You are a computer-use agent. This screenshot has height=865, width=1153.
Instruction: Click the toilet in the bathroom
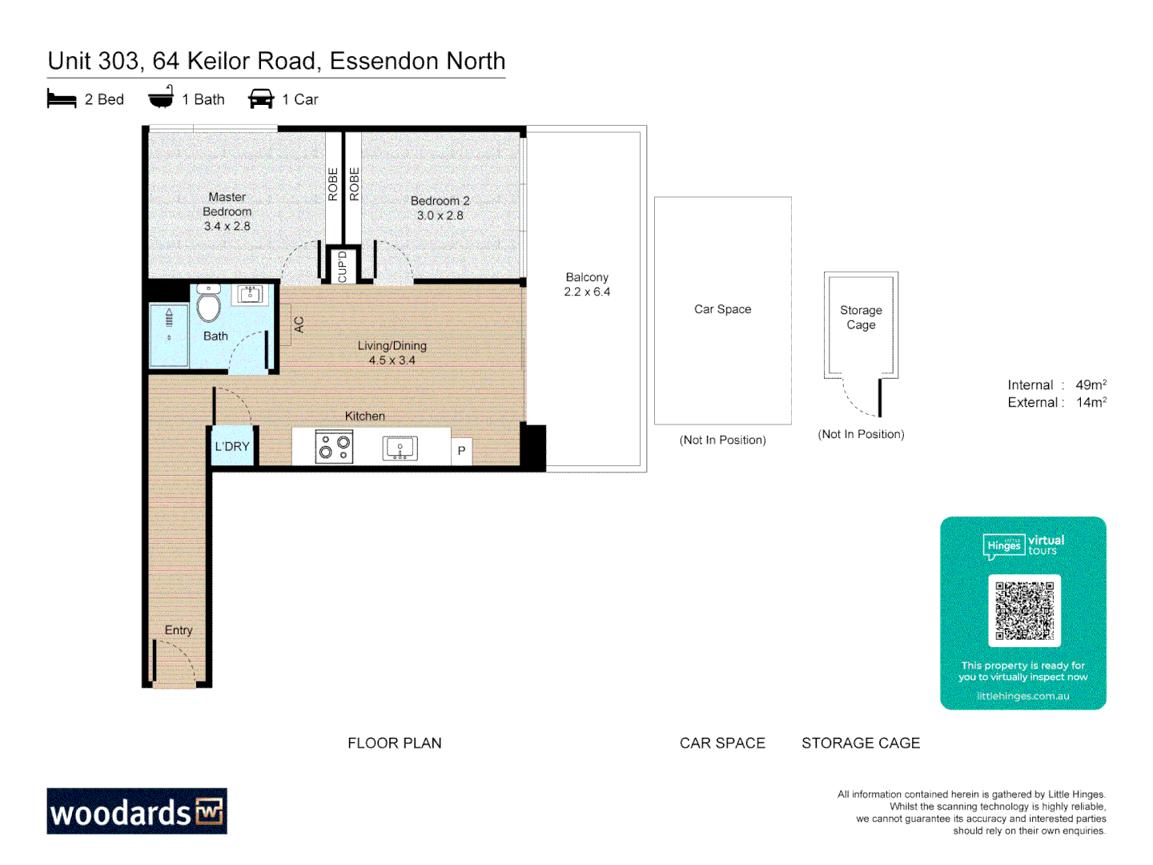[208, 304]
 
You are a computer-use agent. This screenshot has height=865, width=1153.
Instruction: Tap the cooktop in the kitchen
[335, 447]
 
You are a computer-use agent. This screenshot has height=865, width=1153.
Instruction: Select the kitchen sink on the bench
[400, 448]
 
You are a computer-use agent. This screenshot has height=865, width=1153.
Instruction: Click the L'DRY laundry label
[232, 447]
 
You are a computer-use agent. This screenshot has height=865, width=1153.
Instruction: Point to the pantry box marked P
[461, 451]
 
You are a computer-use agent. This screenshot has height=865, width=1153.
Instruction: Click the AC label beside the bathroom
[299, 324]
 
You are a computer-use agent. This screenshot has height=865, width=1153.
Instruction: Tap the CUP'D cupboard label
[343, 267]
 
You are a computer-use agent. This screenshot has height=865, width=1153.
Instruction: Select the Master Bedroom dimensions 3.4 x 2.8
[227, 227]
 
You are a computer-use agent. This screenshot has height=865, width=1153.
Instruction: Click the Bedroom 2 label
[440, 201]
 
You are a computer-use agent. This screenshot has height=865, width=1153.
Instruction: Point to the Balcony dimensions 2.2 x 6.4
[587, 292]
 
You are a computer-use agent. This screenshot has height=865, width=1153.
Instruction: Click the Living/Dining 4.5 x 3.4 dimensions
[392, 360]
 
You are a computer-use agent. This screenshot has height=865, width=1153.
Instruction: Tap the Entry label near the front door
[179, 630]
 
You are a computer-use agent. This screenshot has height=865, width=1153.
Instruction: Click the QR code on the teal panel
[1024, 610]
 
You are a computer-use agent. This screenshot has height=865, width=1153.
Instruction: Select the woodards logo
[137, 811]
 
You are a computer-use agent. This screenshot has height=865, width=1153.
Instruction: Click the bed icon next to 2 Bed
[62, 99]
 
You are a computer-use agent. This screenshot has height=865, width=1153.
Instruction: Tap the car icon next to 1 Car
[261, 99]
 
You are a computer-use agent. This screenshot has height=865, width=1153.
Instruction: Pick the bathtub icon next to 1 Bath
[161, 98]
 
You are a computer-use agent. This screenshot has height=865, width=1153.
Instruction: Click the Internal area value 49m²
[1091, 385]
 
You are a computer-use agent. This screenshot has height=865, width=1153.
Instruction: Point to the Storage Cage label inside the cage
[861, 317]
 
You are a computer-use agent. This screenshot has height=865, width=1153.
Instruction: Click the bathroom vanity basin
[250, 294]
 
